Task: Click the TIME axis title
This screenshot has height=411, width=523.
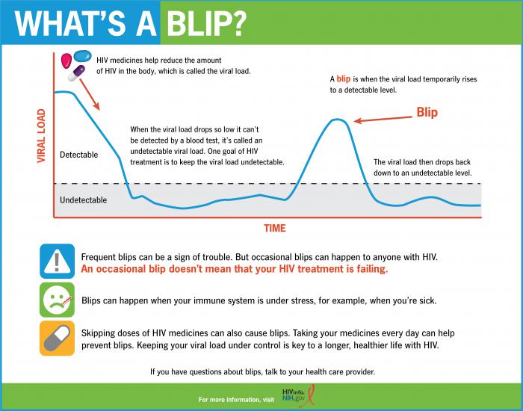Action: (x=274, y=228)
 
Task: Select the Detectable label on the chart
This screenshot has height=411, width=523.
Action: (x=78, y=155)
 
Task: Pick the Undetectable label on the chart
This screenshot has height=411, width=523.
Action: (x=83, y=200)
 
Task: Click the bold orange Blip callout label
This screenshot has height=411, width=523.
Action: (x=427, y=113)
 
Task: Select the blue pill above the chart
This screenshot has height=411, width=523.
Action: (x=82, y=55)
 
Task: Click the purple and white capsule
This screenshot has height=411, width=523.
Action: (x=77, y=72)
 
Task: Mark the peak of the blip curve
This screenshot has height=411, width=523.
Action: (x=338, y=120)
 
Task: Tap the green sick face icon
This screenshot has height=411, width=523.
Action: (x=57, y=300)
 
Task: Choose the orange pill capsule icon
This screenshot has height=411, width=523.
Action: (x=57, y=339)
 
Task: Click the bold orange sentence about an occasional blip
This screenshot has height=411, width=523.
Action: (x=234, y=269)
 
